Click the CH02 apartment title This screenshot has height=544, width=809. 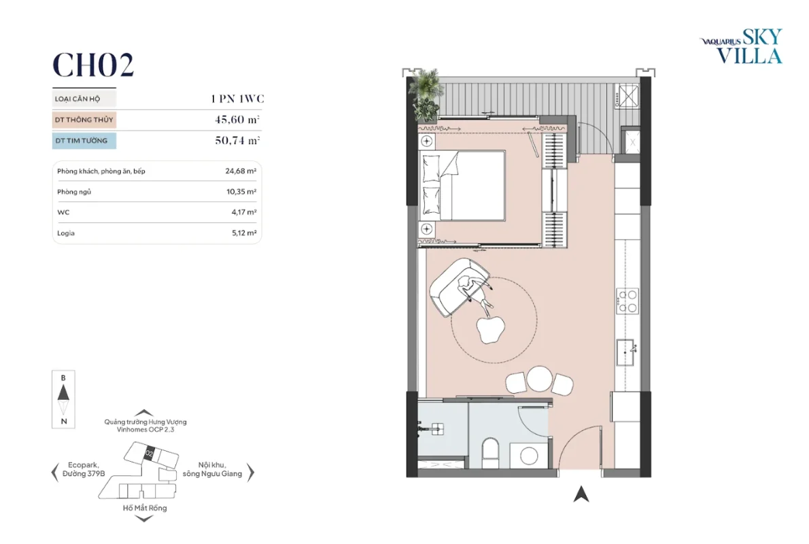pyautogui.click(x=93, y=65)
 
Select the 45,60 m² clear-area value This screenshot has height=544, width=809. pyautogui.click(x=237, y=119)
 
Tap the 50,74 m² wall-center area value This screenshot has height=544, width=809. pyautogui.click(x=237, y=140)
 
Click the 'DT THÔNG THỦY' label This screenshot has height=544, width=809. pyautogui.click(x=84, y=120)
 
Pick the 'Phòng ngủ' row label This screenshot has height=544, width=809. pyautogui.click(x=74, y=192)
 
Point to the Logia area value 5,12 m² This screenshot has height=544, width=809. pyautogui.click(x=244, y=233)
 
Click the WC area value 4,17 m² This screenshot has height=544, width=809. pyautogui.click(x=244, y=212)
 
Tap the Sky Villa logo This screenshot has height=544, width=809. pyautogui.click(x=742, y=46)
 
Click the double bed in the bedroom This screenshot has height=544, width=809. pyautogui.click(x=462, y=186)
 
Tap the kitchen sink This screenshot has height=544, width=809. pyautogui.click(x=625, y=352)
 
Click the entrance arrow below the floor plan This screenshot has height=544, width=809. pyautogui.click(x=581, y=494)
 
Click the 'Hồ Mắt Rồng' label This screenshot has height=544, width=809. pyautogui.click(x=145, y=508)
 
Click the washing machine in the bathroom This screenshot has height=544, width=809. pyautogui.click(x=529, y=456)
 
